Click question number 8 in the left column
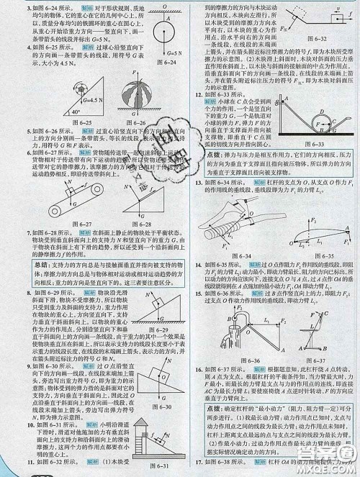pos(4,293)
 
